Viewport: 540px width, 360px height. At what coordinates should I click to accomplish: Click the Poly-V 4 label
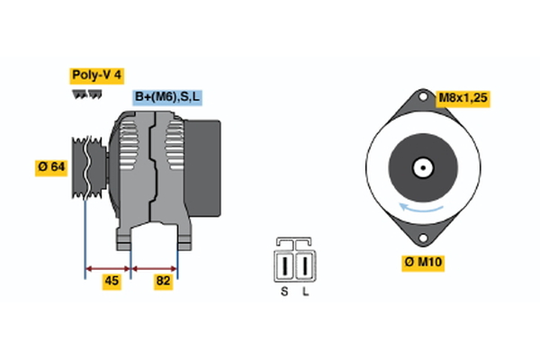[96, 75]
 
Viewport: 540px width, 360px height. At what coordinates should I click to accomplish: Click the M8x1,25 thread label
[462, 97]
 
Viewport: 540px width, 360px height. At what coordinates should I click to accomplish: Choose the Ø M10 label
[424, 264]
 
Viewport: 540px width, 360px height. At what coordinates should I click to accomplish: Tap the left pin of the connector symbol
[286, 266]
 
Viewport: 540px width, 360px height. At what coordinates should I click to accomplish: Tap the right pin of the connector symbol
[305, 266]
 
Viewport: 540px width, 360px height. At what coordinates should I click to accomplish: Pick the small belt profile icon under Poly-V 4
[85, 93]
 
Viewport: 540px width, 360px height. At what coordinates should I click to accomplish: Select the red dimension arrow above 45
[108, 268]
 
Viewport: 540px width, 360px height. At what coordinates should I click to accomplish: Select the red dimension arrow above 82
[155, 268]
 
